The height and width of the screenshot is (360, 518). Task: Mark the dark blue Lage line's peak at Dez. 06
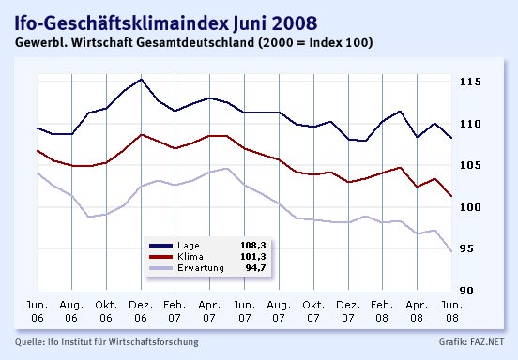point(141,80)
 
